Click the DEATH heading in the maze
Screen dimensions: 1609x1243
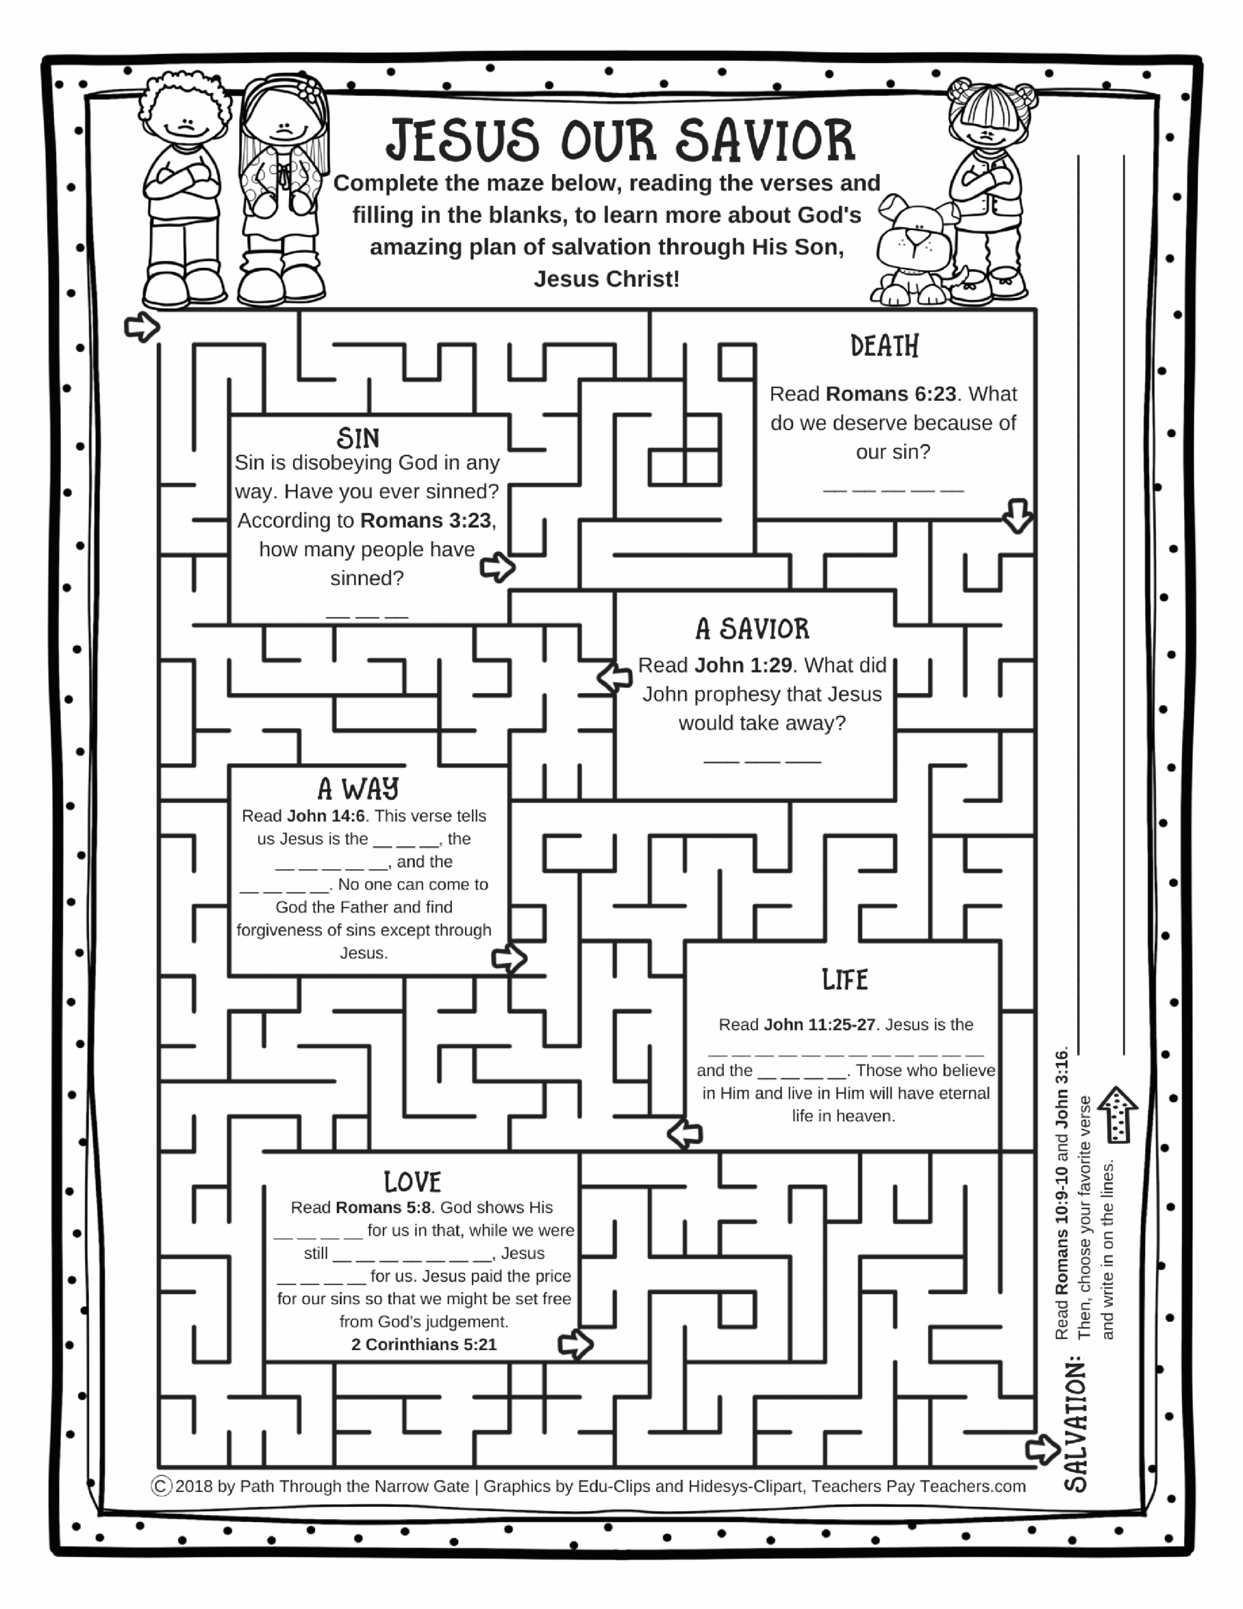pyautogui.click(x=884, y=346)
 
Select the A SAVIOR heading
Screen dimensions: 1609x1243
pyautogui.click(x=752, y=629)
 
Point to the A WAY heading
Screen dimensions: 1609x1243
pyautogui.click(x=358, y=789)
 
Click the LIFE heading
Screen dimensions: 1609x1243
pyautogui.click(x=845, y=980)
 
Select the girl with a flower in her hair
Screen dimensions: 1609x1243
pyautogui.click(x=283, y=192)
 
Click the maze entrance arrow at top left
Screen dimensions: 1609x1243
pyautogui.click(x=142, y=326)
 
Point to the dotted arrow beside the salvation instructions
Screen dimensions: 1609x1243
pyautogui.click(x=1118, y=1114)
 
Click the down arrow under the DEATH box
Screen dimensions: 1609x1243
pyautogui.click(x=1017, y=516)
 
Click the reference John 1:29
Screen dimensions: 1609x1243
pyautogui.click(x=743, y=665)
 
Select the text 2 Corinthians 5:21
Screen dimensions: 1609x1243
pyautogui.click(x=424, y=1344)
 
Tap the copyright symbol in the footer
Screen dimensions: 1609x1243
pyautogui.click(x=162, y=1486)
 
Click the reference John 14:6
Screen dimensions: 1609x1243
pyautogui.click(x=326, y=816)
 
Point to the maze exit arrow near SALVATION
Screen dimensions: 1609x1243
pyautogui.click(x=1043, y=1449)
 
